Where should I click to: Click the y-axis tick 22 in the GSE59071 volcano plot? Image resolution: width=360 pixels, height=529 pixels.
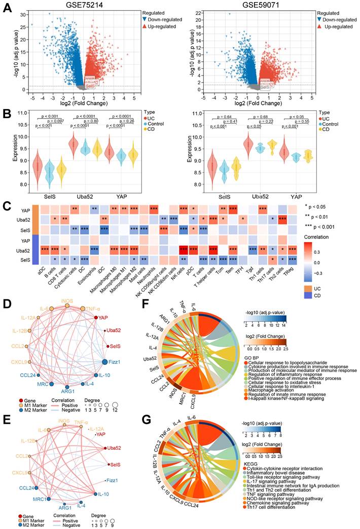192,12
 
